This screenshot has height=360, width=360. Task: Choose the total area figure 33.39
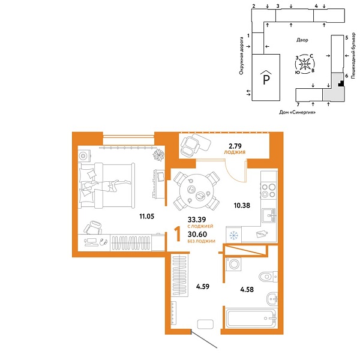point(197,220)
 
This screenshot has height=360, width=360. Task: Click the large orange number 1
point(177,232)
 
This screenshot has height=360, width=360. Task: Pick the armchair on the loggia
point(193,146)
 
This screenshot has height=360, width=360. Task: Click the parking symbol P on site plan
point(264,79)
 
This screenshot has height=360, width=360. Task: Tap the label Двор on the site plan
point(302,40)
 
